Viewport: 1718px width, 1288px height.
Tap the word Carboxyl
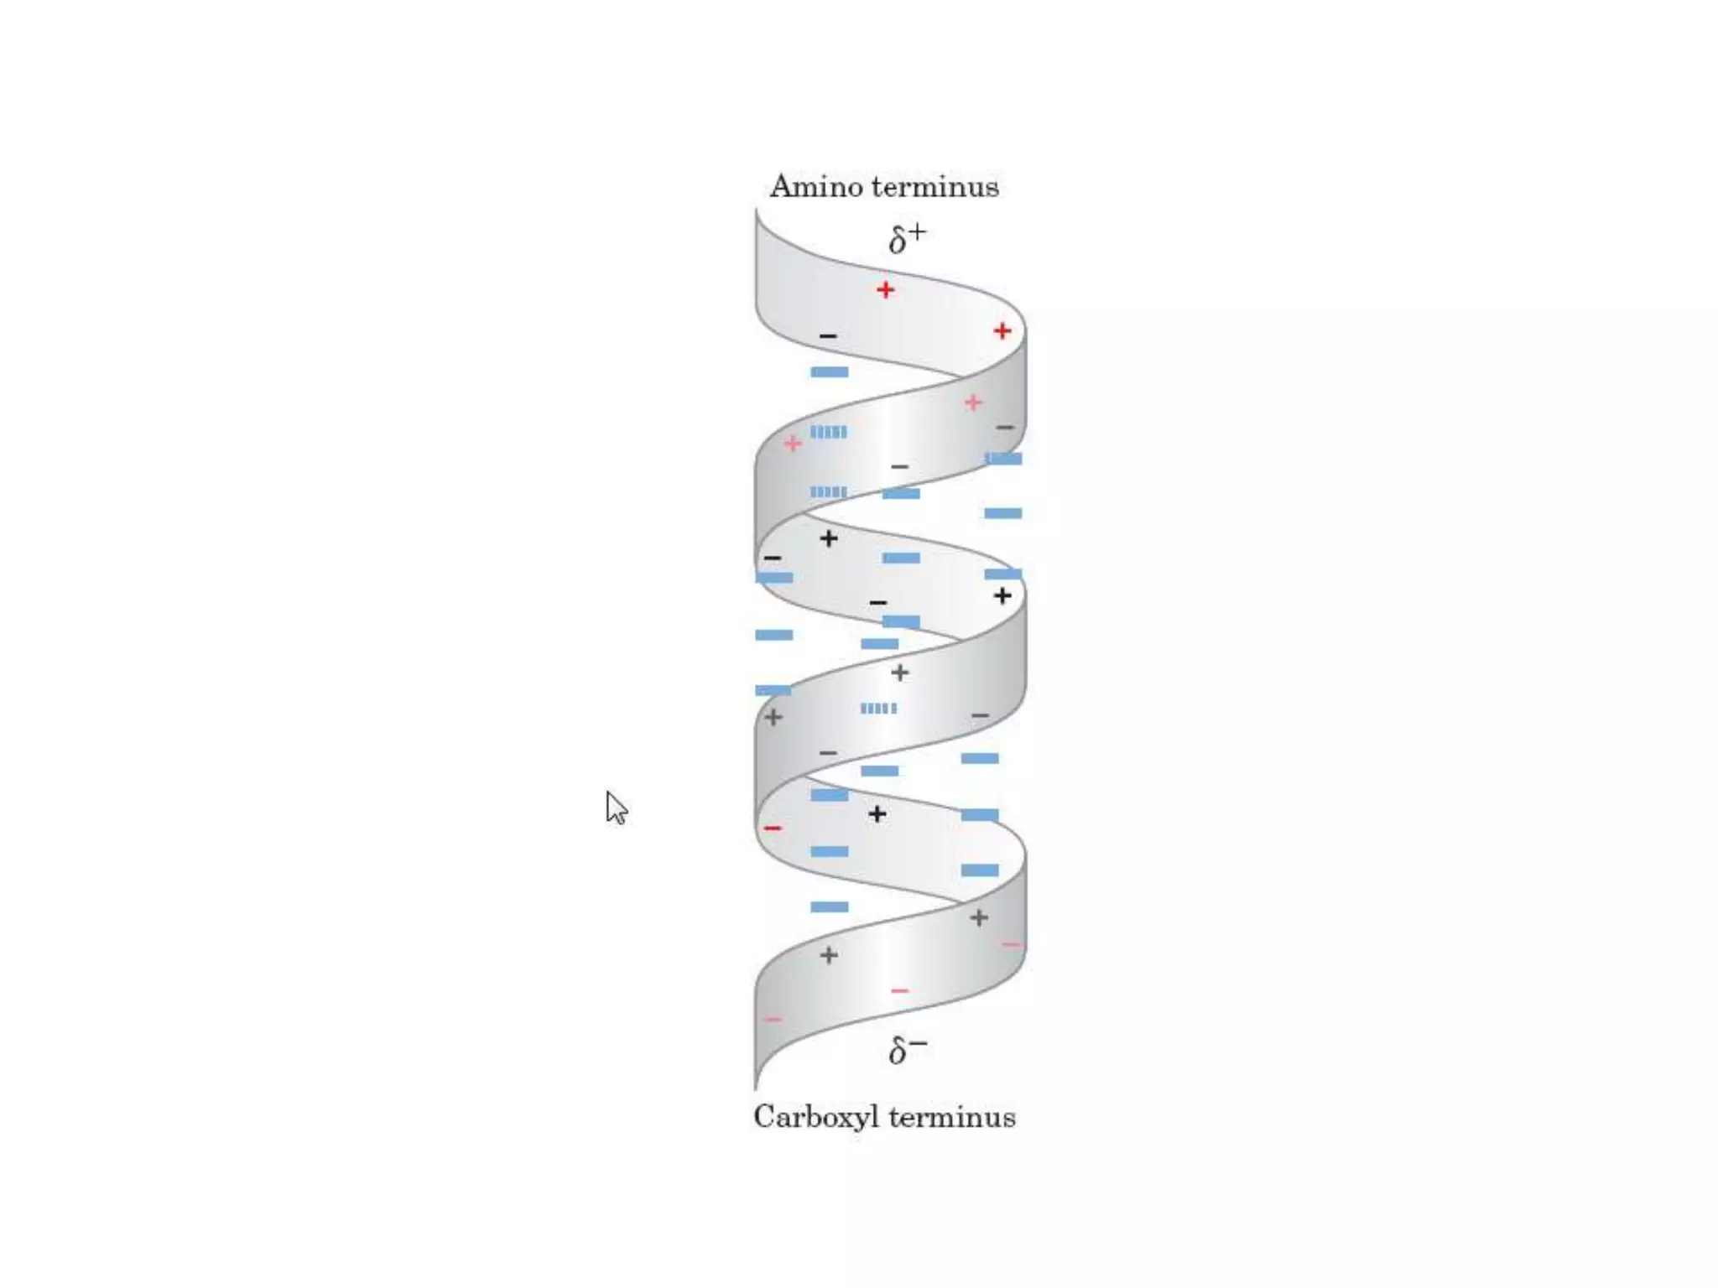point(816,1118)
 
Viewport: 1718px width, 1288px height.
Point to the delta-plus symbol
point(907,238)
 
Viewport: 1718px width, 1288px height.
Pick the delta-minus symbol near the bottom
point(907,1049)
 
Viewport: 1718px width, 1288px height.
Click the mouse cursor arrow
point(616,808)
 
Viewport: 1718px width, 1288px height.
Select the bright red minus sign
point(773,828)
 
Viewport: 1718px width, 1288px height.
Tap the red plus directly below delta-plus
point(885,290)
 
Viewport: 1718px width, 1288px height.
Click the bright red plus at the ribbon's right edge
point(1002,331)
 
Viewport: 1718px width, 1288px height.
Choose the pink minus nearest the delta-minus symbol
point(899,991)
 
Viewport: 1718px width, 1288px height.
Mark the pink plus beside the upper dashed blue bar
point(793,444)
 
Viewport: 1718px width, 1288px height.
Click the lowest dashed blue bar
point(878,709)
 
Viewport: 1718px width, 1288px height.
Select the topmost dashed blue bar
point(829,432)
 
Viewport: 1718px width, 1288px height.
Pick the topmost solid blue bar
point(829,371)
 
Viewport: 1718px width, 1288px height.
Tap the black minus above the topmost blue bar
point(828,336)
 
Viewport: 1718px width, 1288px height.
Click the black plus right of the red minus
point(877,814)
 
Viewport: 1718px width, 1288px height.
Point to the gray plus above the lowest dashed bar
point(899,673)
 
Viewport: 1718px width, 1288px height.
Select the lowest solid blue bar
point(829,906)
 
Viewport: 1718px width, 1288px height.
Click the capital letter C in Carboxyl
point(763,1117)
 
